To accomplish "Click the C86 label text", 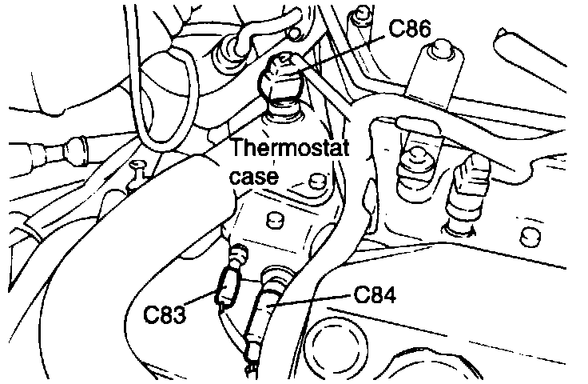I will (x=411, y=30).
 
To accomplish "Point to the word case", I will (x=254, y=178).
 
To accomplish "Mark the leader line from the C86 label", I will (x=344, y=49).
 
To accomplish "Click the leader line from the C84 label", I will (x=312, y=302).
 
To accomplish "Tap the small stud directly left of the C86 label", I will (x=364, y=16).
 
